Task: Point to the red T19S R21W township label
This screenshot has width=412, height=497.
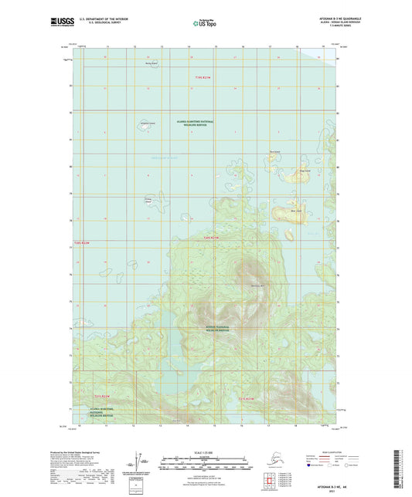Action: [203, 77]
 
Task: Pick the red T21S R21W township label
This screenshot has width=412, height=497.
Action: [252, 399]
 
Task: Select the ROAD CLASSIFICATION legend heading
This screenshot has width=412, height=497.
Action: [325, 452]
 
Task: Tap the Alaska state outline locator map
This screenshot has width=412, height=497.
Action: [270, 462]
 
